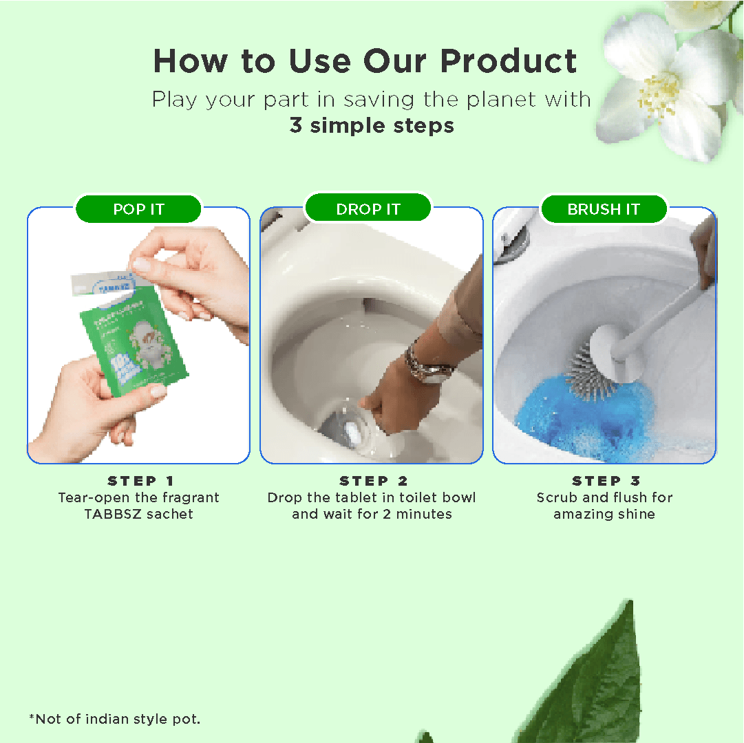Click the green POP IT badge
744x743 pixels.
pyautogui.click(x=138, y=209)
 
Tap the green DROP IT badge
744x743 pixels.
pyautogui.click(x=368, y=209)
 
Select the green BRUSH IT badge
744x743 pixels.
pyautogui.click(x=604, y=209)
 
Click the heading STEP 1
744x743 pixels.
pyautogui.click(x=140, y=481)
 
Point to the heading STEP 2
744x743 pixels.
pyautogui.click(x=373, y=481)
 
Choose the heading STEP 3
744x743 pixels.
pyautogui.click(x=606, y=481)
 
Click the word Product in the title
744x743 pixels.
pyautogui.click(x=509, y=61)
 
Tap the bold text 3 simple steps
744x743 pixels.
pyautogui.click(x=372, y=126)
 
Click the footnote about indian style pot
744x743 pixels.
pyautogui.click(x=114, y=719)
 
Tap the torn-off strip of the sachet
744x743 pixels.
pyautogui.click(x=100, y=281)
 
